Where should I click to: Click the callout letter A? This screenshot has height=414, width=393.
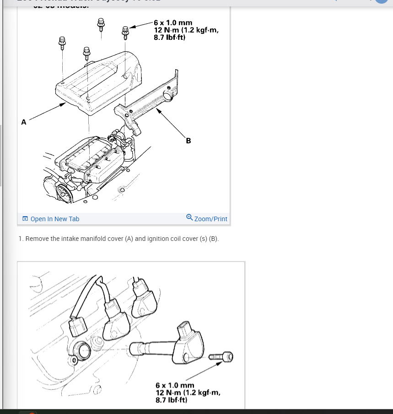(x=24, y=122)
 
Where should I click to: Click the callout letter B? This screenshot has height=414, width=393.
(x=188, y=141)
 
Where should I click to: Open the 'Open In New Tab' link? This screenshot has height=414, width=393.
(x=54, y=219)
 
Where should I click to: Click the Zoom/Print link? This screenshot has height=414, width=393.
(x=210, y=219)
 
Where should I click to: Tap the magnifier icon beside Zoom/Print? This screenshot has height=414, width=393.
(x=189, y=218)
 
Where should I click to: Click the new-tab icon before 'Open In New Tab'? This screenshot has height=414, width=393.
(x=25, y=219)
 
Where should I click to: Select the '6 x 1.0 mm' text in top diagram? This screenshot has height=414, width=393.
(x=173, y=22)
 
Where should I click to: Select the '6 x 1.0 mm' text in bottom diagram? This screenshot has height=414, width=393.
(x=175, y=386)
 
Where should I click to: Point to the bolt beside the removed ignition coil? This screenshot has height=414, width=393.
(x=221, y=356)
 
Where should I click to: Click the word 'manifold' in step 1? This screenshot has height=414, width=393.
(x=97, y=239)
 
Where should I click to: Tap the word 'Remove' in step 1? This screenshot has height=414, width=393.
(x=37, y=239)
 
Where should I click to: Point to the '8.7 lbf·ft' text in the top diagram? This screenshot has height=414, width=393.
(x=172, y=38)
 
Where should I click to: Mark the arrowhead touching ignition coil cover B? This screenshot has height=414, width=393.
(x=157, y=109)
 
